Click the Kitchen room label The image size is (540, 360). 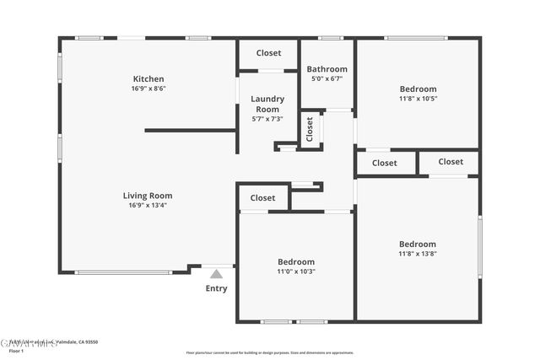148,79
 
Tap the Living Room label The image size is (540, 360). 150,196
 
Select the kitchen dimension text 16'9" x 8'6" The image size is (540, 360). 148,89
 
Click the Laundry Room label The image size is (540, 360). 267,104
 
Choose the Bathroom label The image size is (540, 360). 327,69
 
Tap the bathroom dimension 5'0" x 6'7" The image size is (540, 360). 327,78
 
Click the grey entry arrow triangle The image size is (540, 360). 216,273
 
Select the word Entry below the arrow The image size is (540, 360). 216,288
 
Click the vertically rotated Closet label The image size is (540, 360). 310,131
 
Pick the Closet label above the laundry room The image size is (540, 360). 268,53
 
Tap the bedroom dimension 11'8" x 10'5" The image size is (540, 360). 418,99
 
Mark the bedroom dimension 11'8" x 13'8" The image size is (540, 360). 418,253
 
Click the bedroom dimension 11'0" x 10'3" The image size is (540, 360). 296,271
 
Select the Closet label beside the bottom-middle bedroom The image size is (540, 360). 262,198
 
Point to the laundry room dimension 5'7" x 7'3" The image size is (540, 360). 267,119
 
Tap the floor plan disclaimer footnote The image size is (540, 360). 270,352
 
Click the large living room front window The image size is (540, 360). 123,271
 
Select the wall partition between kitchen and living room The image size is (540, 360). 190,131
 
